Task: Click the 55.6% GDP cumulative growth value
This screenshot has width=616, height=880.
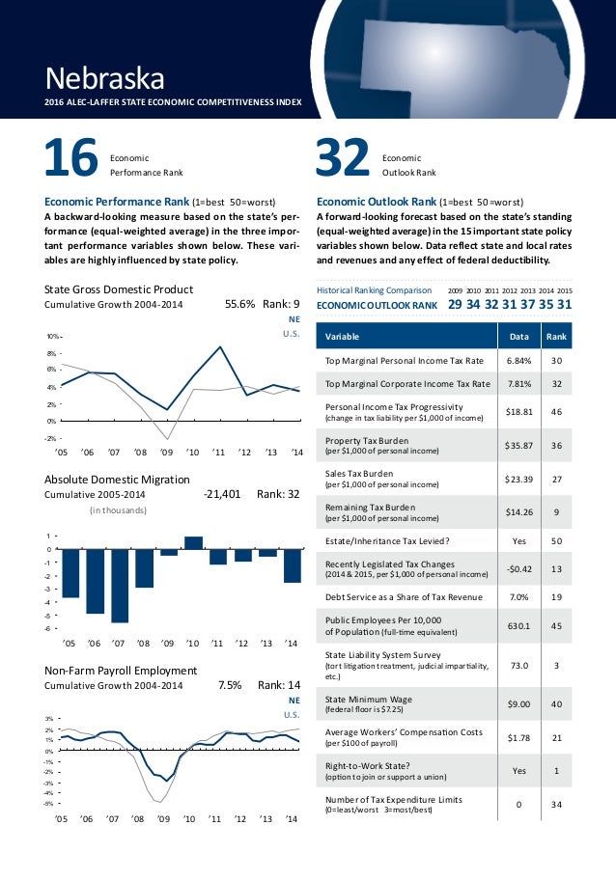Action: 239,304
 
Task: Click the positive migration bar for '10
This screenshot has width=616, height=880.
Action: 193,542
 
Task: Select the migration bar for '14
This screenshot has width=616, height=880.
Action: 293,565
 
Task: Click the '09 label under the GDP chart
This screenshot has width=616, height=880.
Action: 166,452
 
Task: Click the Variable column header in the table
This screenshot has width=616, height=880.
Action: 343,337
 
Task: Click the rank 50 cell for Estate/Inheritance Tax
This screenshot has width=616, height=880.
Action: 556,540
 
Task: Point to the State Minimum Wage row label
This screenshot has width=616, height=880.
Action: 361,700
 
